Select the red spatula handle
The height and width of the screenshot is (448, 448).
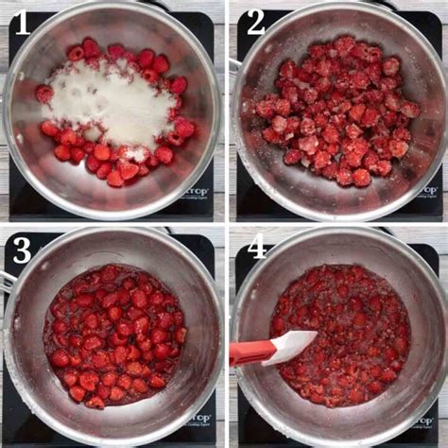[x=248, y=353]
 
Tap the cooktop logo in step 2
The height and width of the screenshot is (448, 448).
[x=428, y=189]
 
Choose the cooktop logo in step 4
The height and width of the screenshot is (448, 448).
[x=428, y=417]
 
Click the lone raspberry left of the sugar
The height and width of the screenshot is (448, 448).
[x=43, y=94]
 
